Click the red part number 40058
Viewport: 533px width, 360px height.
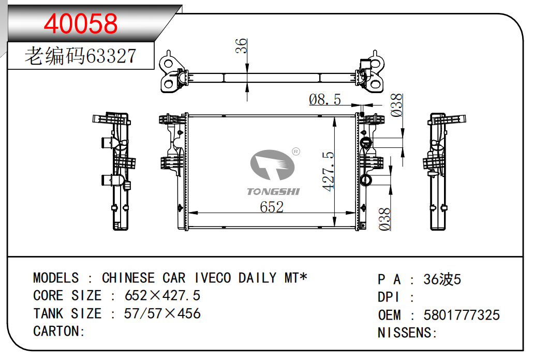(81, 23)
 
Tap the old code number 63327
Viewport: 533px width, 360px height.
(111, 56)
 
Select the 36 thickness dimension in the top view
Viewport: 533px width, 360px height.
(241, 46)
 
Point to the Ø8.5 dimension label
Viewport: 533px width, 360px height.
(325, 99)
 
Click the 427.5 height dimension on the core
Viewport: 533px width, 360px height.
(328, 171)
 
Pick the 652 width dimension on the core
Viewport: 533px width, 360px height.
(272, 207)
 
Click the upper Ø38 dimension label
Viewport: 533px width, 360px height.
(396, 106)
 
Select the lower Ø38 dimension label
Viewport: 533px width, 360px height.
(385, 219)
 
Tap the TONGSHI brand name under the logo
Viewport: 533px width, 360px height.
(273, 192)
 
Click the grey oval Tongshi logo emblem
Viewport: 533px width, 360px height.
(272, 164)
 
